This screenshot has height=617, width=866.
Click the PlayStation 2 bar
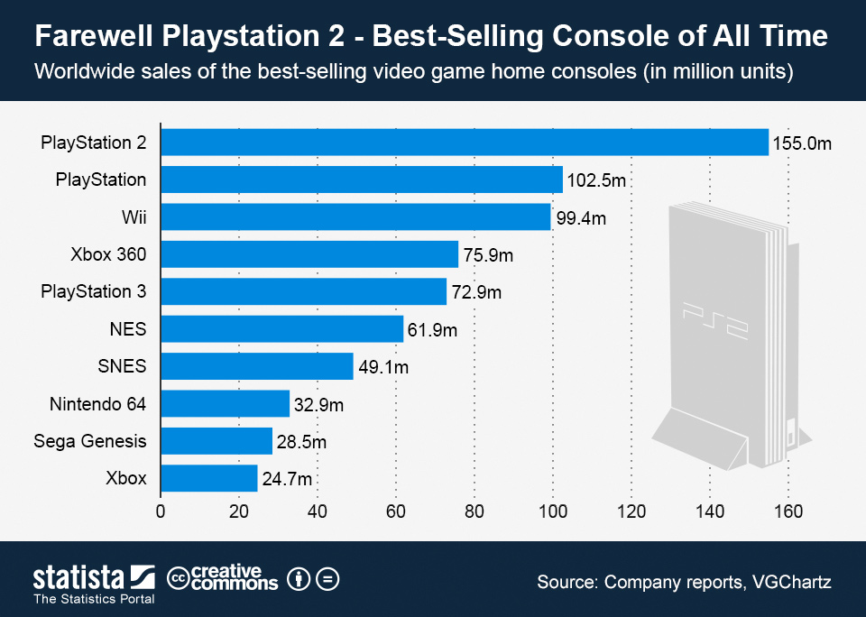coord(465,143)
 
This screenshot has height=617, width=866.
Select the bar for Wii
coord(355,217)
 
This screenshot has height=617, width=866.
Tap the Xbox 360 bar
coord(309,255)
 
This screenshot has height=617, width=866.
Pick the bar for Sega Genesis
coord(216,441)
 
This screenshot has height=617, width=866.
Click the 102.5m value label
coord(596,180)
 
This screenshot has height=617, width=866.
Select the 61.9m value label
coord(433,330)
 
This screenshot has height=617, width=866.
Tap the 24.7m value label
coord(287,479)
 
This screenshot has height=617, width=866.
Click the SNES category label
coord(122,366)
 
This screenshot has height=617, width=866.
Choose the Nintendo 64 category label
coord(97,403)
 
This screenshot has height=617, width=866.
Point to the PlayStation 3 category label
coord(94,291)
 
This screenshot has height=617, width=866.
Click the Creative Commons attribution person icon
coord(299,579)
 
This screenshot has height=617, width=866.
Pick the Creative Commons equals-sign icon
coord(327,579)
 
